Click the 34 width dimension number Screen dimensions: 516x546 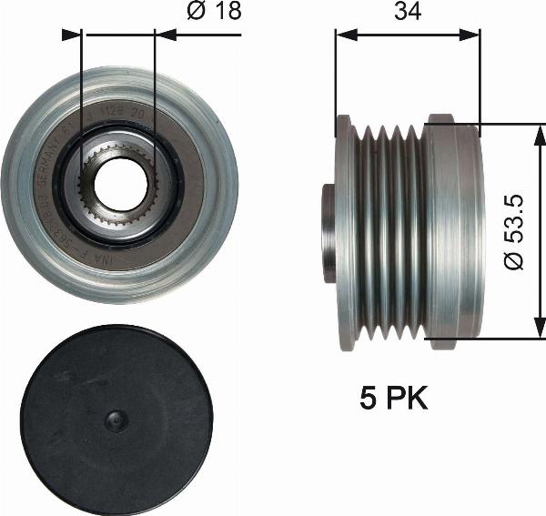[407, 13]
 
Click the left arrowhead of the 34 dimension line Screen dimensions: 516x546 [342, 35]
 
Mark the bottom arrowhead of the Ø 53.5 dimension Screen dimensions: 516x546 [539, 331]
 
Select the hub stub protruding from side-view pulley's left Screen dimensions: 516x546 [329, 231]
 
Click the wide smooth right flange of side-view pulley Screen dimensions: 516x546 [452, 231]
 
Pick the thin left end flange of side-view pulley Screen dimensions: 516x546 [344, 231]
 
